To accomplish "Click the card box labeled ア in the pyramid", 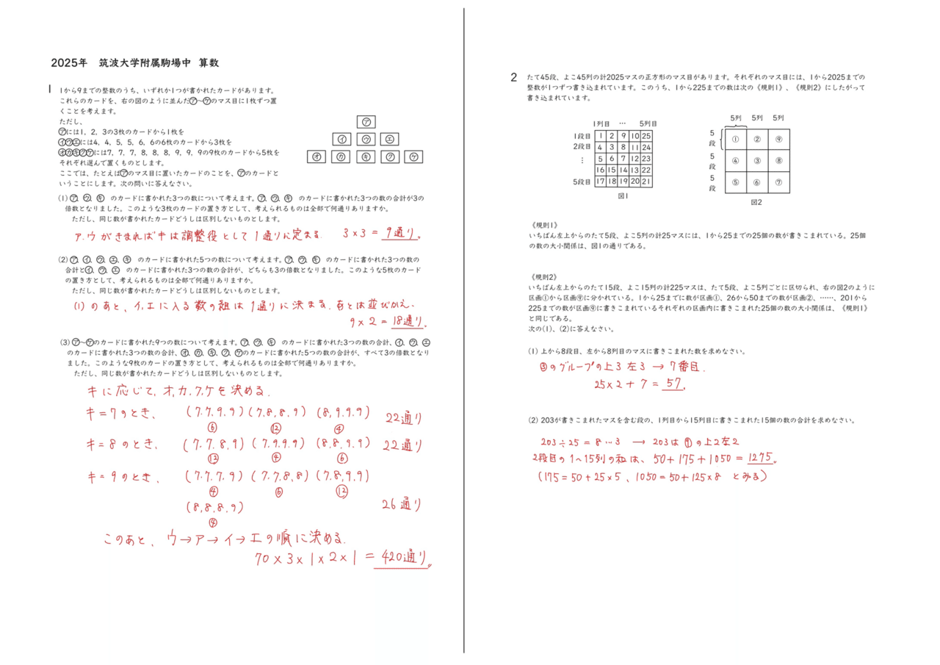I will (x=366, y=121).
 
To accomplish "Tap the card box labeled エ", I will (x=390, y=139).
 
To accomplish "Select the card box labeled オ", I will (x=317, y=157).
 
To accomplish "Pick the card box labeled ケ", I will (x=414, y=157).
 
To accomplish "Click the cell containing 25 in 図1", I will (x=646, y=136).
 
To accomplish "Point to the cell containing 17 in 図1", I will (x=601, y=181).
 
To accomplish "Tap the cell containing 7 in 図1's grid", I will (x=623, y=159).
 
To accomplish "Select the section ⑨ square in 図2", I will (x=778, y=139).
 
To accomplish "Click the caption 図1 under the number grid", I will (x=623, y=197).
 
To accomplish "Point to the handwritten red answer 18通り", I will (x=408, y=321).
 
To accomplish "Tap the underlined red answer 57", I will (x=673, y=384).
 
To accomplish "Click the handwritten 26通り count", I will (x=401, y=504).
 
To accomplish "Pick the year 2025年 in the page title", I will (x=69, y=63).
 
